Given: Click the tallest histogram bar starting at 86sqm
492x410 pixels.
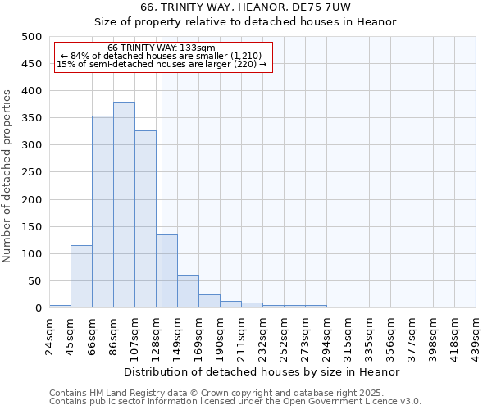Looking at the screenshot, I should tap(124, 205).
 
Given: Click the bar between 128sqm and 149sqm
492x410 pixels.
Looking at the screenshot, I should tap(166, 271).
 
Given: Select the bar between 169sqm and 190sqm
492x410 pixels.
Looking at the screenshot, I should tap(209, 301).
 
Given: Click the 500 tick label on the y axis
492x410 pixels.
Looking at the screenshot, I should tap(31, 37).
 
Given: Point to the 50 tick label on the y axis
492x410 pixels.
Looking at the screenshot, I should tap(34, 281).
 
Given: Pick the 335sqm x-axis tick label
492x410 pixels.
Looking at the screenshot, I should tap(369, 332).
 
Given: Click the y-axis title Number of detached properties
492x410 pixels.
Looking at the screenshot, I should tap(8, 172).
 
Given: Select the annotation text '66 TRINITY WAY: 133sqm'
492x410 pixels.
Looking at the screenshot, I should tap(162, 48).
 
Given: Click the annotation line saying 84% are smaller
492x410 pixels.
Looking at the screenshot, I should tap(162, 56).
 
